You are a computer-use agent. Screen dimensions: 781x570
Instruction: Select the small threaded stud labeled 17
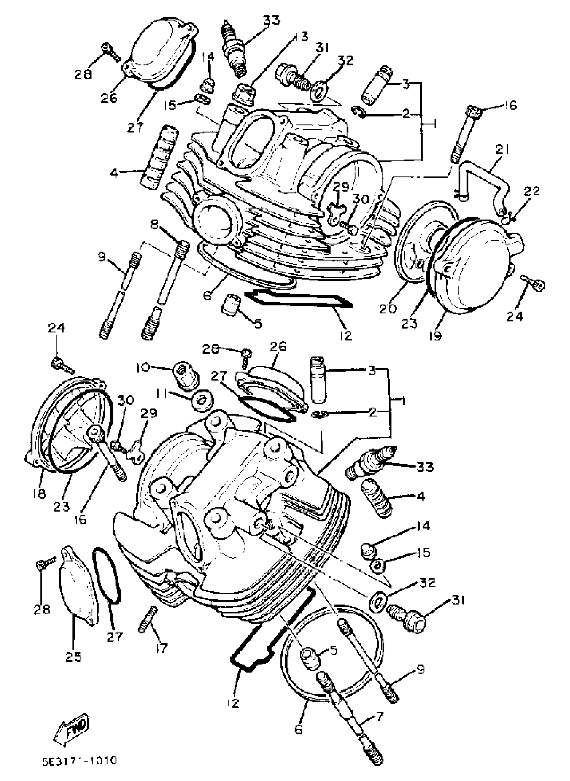[148, 619]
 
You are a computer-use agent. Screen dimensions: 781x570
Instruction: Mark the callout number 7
[379, 717]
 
